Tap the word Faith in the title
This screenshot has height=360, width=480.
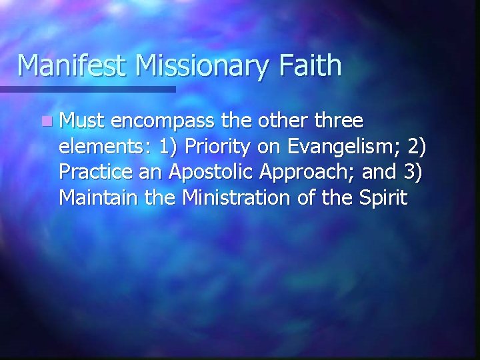pos(310,66)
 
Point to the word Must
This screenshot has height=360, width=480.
pos(83,121)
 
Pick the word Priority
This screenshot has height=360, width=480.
pos(220,147)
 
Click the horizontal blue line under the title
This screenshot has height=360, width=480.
pos(87,89)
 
